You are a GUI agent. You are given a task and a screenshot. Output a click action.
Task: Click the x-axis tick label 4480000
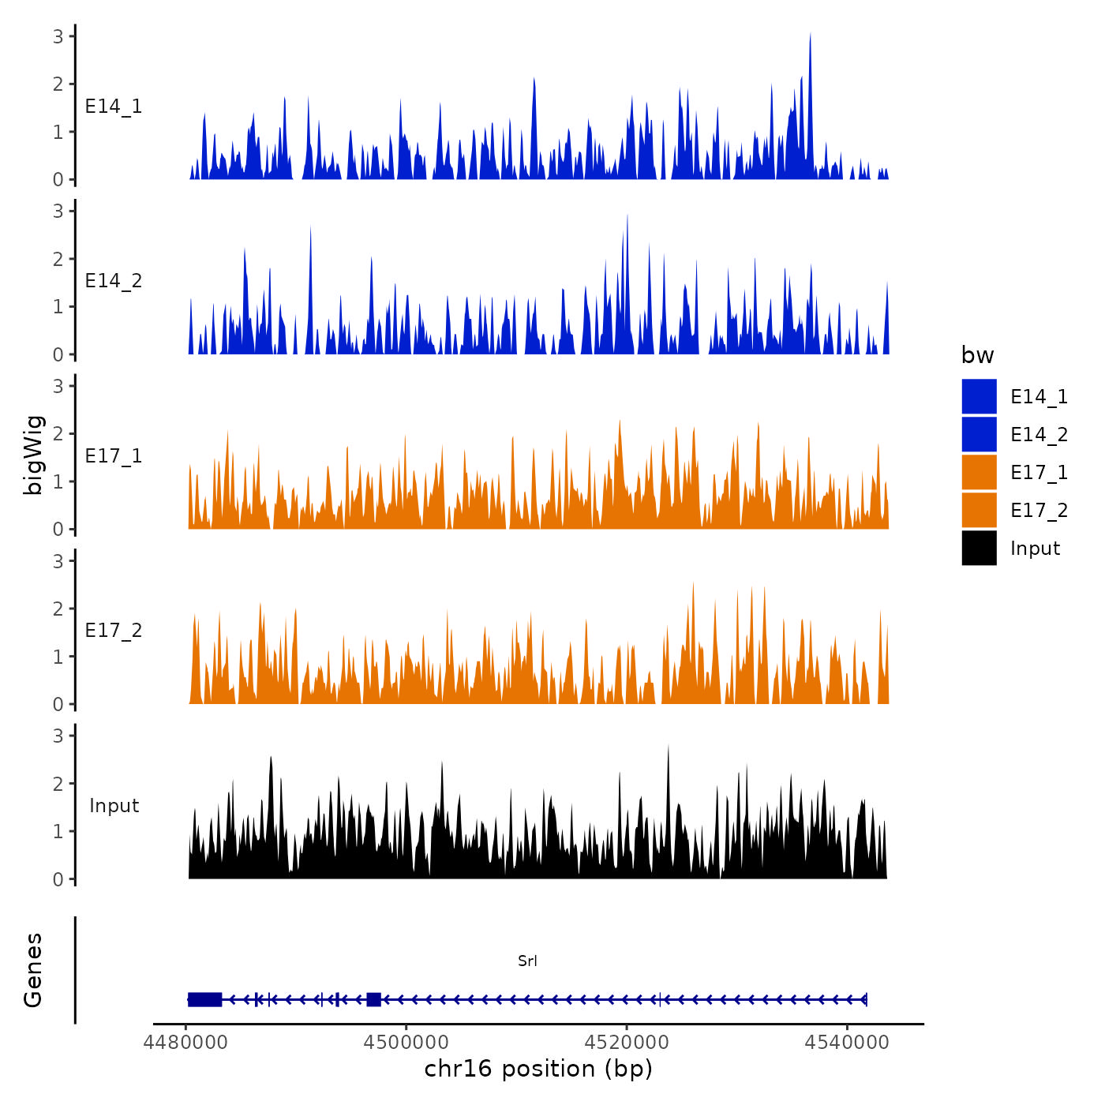(186, 1042)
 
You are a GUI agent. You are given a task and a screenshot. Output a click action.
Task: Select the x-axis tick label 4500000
(406, 1042)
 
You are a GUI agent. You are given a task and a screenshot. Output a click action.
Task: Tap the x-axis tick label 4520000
(627, 1042)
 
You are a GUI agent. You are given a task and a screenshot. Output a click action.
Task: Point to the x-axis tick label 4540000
(847, 1042)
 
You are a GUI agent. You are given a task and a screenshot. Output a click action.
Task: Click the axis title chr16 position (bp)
(538, 1069)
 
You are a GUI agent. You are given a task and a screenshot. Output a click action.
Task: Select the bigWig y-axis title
(33, 455)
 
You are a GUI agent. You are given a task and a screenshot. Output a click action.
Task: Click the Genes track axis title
(33, 970)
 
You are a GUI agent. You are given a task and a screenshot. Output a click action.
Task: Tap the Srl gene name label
(527, 961)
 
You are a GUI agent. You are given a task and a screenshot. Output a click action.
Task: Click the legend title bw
(977, 355)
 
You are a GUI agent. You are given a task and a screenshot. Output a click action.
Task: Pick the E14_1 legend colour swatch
(979, 396)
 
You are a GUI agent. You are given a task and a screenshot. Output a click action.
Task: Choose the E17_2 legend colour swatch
(979, 510)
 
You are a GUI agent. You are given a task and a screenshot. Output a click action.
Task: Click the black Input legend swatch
(979, 548)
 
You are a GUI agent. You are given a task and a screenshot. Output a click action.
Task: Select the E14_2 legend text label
(1039, 434)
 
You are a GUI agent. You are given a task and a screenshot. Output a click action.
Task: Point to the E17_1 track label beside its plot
(114, 455)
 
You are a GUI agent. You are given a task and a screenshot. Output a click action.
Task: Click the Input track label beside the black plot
(114, 805)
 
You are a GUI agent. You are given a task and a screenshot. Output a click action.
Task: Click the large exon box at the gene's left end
(204, 999)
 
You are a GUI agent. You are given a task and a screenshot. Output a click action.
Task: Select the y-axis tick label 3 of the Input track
(58, 736)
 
